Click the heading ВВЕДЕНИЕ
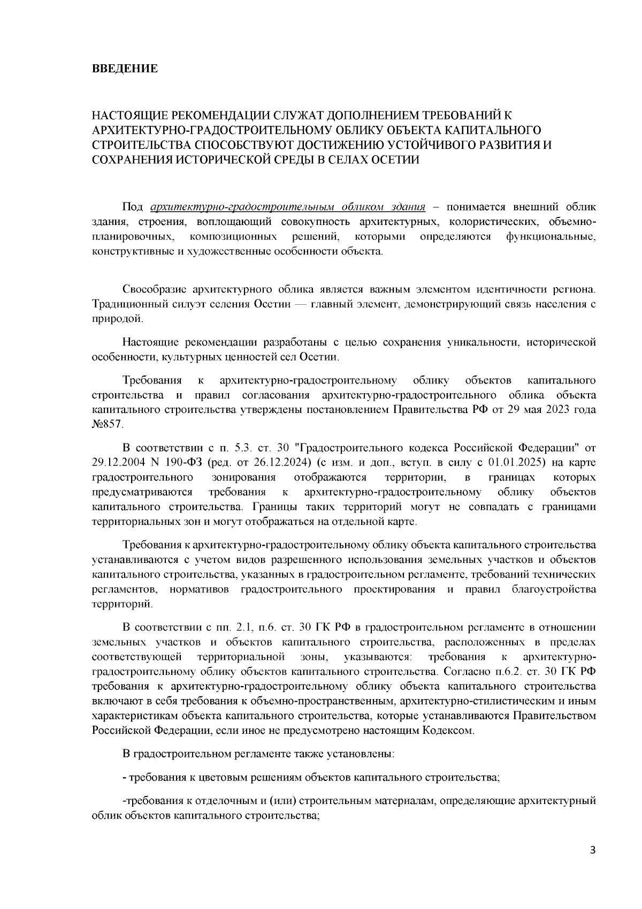(125, 69)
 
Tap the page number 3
(592, 850)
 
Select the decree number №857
(108, 424)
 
